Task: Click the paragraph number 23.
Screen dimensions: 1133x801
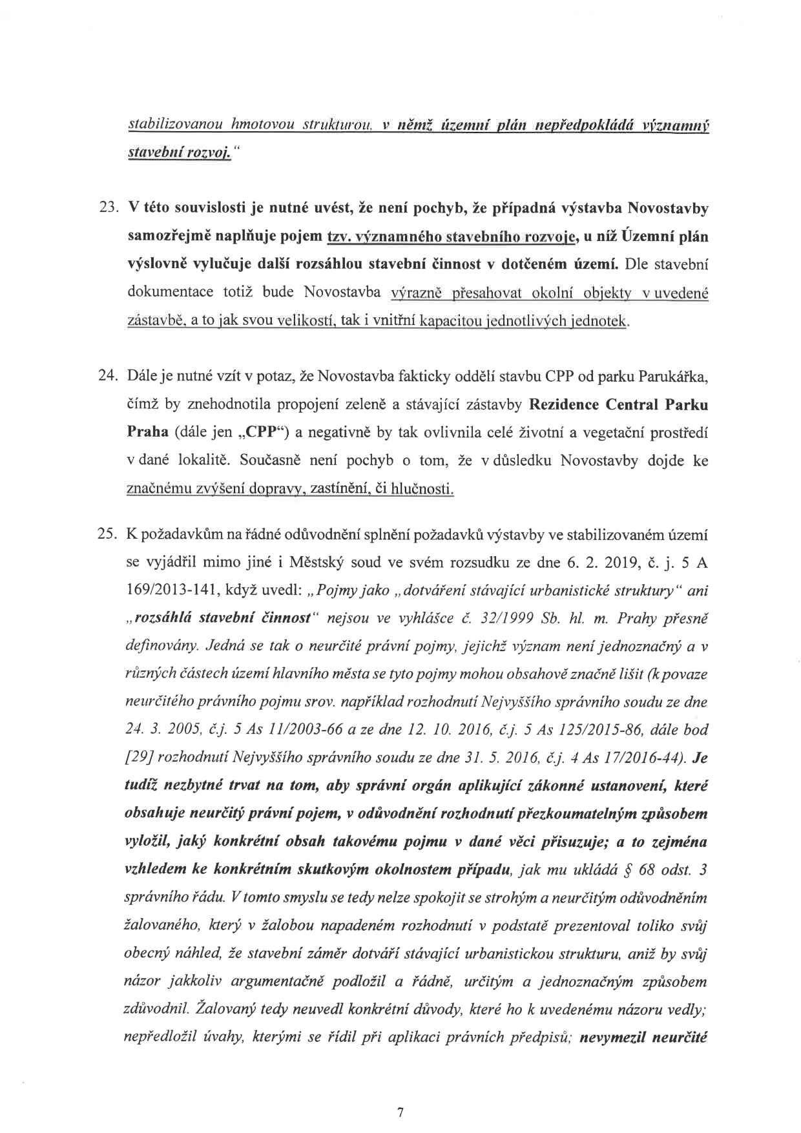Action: click(105, 209)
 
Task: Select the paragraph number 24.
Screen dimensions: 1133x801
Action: click(105, 376)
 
